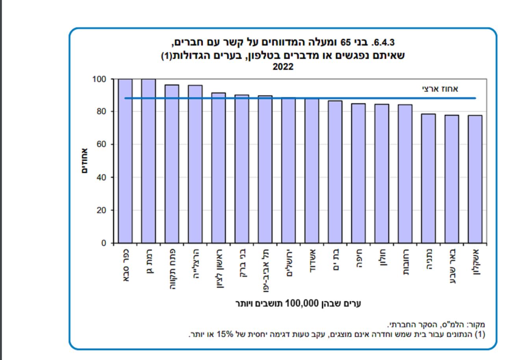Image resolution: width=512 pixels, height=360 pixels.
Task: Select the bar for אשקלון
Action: click(475, 179)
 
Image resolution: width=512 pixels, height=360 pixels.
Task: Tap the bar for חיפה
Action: click(358, 173)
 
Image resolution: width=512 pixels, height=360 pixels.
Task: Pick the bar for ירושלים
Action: click(288, 170)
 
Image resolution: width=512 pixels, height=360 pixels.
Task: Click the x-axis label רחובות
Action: click(405, 262)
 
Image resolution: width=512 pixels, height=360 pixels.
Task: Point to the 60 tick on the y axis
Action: click(102, 144)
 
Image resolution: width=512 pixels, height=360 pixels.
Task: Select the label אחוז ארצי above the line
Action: click(440, 89)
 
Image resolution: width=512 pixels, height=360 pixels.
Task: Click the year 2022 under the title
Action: click(283, 67)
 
